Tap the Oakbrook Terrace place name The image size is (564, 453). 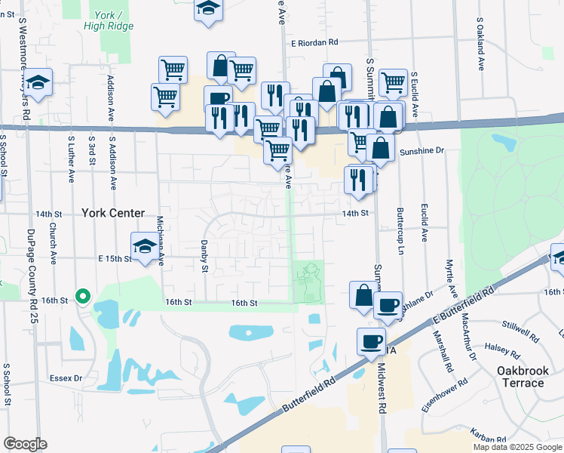coord(520,377)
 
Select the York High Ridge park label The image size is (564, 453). coord(115,20)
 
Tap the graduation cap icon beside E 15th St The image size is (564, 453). coord(145,245)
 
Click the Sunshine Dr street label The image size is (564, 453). coord(421,151)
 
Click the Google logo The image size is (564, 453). coord(25,444)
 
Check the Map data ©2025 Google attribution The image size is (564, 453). coord(516,447)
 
